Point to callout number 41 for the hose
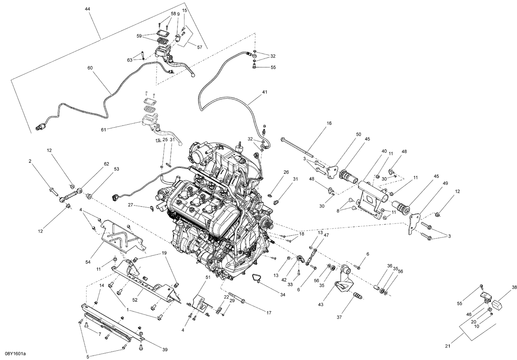tap(264, 92)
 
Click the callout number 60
tap(90, 68)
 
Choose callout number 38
tap(514, 287)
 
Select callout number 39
tap(165, 350)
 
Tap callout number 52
tap(135, 300)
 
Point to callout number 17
tap(268, 313)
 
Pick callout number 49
tap(445, 183)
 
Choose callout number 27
tap(130, 204)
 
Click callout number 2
tap(30, 161)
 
